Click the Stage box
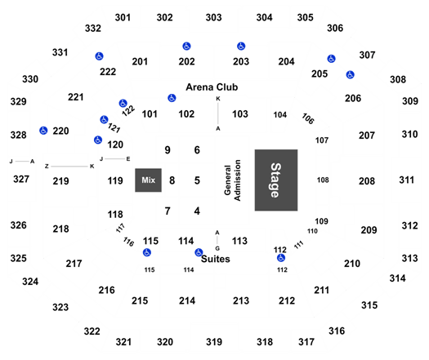tap(276, 180)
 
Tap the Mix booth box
tap(148, 180)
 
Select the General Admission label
tap(232, 180)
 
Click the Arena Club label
tap(212, 87)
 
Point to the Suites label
tap(216, 259)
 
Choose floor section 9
tap(168, 150)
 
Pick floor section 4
tap(197, 211)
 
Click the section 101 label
tap(150, 114)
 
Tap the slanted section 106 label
tap(308, 118)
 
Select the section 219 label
tap(60, 181)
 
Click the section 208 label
tap(367, 181)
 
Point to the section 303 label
tap(213, 17)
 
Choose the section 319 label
tap(214, 342)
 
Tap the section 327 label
tap(21, 180)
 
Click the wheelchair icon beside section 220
tap(43, 131)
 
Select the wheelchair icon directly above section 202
tap(186, 47)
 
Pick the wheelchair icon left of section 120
tap(98, 140)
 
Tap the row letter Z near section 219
tap(47, 167)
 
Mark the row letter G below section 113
tap(217, 248)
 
